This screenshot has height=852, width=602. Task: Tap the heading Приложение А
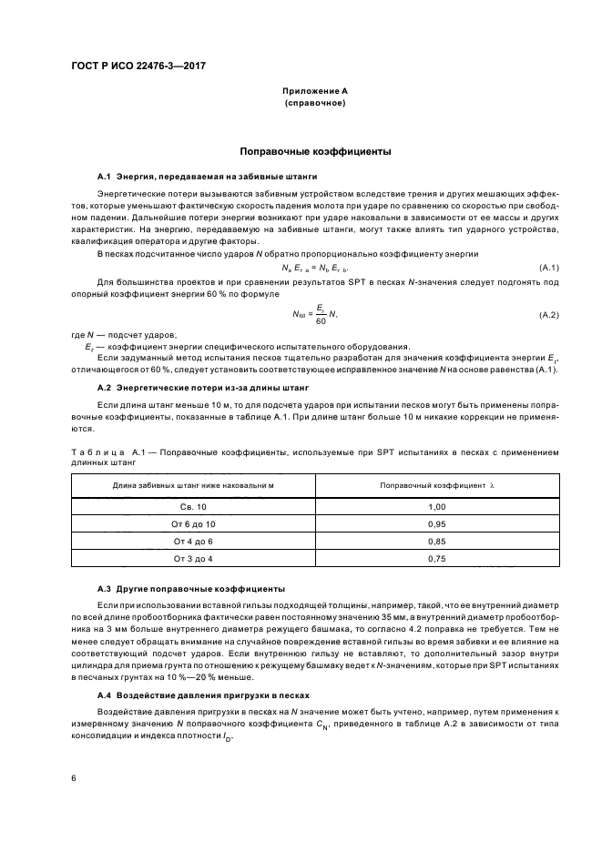tap(314, 92)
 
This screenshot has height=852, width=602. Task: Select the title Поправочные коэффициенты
tap(314, 151)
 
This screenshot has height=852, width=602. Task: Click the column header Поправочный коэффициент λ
tap(436, 486)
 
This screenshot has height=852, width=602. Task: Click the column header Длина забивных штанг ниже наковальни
tap(193, 486)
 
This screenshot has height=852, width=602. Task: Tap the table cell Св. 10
tap(193, 506)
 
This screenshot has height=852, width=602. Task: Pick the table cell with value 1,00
tap(436, 506)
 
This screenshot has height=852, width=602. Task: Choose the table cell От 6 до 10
tap(193, 523)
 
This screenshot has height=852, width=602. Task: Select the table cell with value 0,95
tap(436, 523)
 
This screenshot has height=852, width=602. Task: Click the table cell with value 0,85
tap(436, 541)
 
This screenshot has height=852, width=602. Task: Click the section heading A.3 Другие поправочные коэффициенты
tap(190, 589)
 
